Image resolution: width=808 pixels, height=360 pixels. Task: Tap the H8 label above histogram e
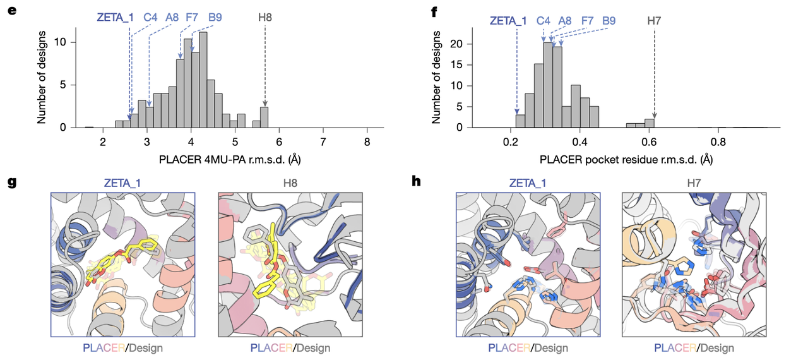[x=265, y=17]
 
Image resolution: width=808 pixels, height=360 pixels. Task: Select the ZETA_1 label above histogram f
[x=508, y=21]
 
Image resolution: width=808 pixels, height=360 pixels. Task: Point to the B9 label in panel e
[x=215, y=17]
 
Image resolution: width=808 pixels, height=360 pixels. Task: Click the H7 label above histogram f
[x=655, y=21]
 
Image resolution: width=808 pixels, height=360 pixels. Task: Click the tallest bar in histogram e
[x=203, y=80]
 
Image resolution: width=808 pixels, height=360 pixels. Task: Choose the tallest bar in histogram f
[x=547, y=85]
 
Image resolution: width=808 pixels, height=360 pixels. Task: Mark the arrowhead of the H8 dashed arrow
[x=265, y=105]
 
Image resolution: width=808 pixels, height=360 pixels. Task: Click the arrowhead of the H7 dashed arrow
[x=654, y=115]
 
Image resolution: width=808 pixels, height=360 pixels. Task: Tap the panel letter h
[x=416, y=181]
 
